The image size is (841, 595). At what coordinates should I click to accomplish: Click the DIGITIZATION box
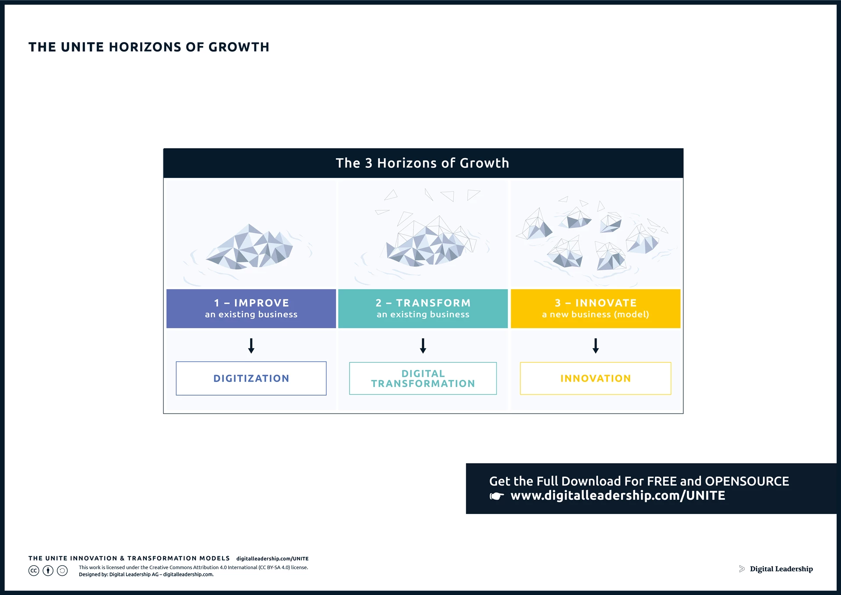pyautogui.click(x=251, y=378)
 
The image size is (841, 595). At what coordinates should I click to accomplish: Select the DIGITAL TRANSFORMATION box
pyautogui.click(x=423, y=378)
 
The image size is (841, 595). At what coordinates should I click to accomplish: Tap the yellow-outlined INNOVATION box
pyautogui.click(x=595, y=378)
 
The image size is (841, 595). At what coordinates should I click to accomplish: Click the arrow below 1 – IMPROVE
pyautogui.click(x=251, y=346)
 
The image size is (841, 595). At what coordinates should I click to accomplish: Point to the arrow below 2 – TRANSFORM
pyautogui.click(x=423, y=346)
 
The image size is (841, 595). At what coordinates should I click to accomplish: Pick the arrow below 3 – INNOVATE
pyautogui.click(x=595, y=346)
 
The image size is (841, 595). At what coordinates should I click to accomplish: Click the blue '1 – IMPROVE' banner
pyautogui.click(x=251, y=308)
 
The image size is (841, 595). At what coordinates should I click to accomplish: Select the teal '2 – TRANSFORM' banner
pyautogui.click(x=423, y=308)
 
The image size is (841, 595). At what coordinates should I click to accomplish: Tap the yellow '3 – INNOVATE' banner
pyautogui.click(x=595, y=308)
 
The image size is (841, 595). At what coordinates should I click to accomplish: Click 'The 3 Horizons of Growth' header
pyautogui.click(x=423, y=163)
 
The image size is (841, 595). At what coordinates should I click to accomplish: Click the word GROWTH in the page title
pyautogui.click(x=239, y=47)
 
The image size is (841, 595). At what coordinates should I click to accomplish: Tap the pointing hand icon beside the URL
pyautogui.click(x=497, y=496)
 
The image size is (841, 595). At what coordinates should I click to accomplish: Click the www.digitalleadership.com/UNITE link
pyautogui.click(x=618, y=496)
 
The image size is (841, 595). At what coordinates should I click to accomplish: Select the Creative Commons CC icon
pyautogui.click(x=34, y=570)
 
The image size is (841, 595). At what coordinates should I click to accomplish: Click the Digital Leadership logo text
pyautogui.click(x=781, y=569)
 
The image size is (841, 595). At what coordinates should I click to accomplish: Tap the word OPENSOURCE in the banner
pyautogui.click(x=747, y=481)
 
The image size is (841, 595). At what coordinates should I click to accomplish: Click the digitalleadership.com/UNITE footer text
pyautogui.click(x=272, y=559)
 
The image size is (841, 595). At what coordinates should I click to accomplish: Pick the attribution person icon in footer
pyautogui.click(x=48, y=570)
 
